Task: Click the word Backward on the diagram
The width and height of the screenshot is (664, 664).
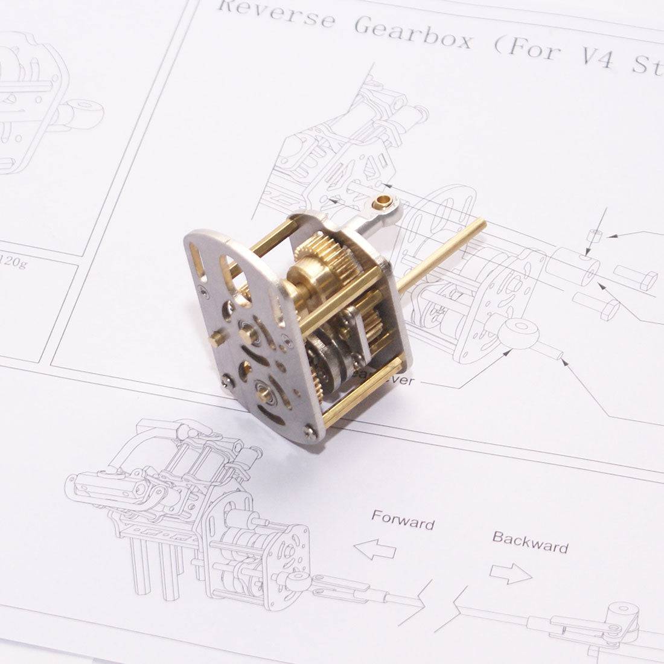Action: [x=530, y=541]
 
